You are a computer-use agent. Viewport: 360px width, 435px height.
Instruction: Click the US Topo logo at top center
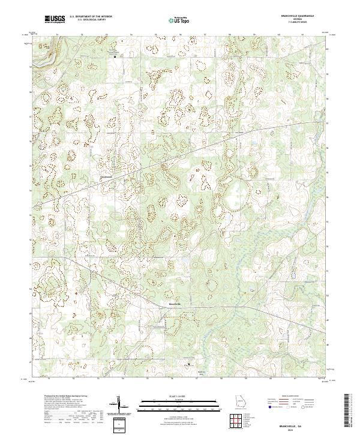[180, 19]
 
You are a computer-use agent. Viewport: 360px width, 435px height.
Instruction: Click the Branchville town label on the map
[173, 304]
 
